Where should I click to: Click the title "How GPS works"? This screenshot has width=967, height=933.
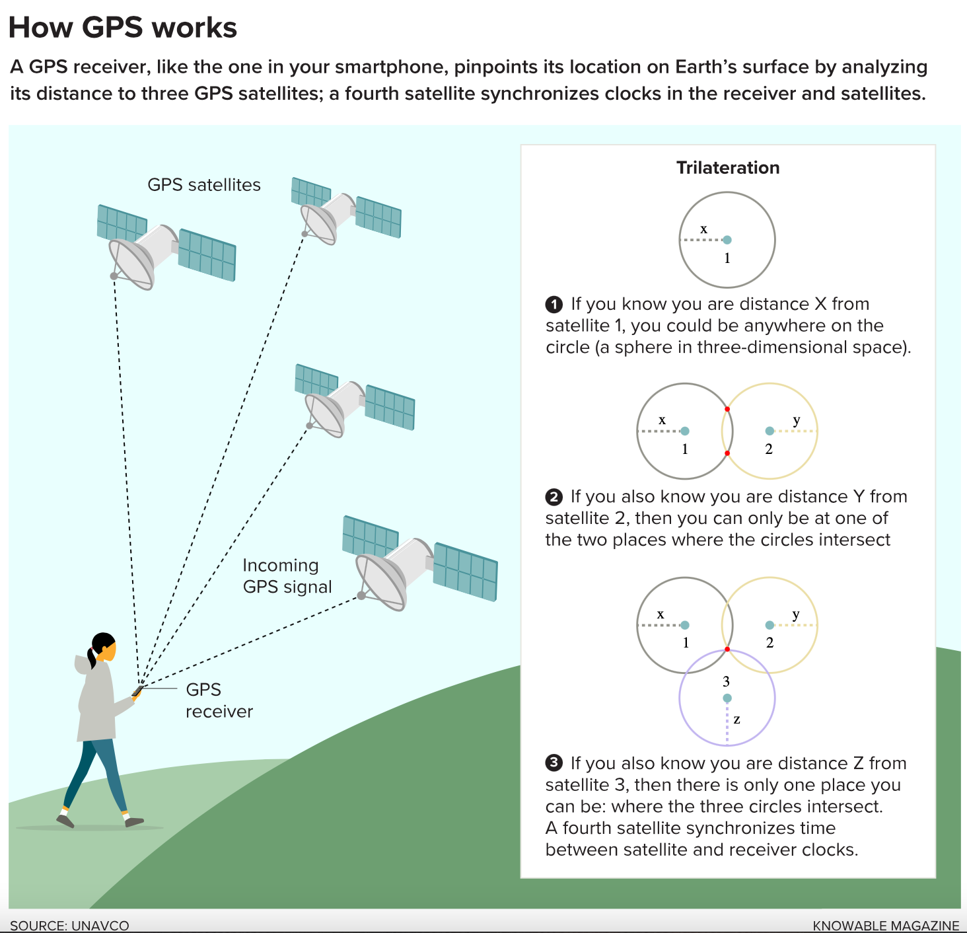[123, 28]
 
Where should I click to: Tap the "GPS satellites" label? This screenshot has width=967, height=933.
[203, 185]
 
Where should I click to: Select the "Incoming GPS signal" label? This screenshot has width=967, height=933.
[287, 576]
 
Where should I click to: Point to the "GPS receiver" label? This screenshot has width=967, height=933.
[219, 700]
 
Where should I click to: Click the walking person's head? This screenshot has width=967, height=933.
[104, 648]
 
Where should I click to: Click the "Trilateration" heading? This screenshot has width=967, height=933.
[728, 168]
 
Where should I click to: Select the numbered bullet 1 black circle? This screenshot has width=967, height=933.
[554, 305]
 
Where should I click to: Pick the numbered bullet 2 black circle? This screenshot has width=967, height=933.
[554, 497]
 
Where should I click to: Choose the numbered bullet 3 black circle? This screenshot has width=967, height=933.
[554, 763]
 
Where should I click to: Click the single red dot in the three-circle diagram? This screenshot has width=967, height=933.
[727, 650]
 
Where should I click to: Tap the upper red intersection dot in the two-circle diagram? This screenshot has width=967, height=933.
[727, 409]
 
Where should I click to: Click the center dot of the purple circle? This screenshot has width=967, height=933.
[727, 698]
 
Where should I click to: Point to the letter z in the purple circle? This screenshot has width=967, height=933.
[736, 720]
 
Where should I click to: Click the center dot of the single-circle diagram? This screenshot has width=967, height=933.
[727, 240]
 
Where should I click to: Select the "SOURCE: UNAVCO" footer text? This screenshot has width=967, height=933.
[69, 925]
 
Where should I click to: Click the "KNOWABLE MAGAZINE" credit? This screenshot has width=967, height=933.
[886, 925]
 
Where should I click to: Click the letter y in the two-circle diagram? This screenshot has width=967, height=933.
[797, 420]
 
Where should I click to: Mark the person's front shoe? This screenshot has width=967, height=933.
[133, 822]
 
